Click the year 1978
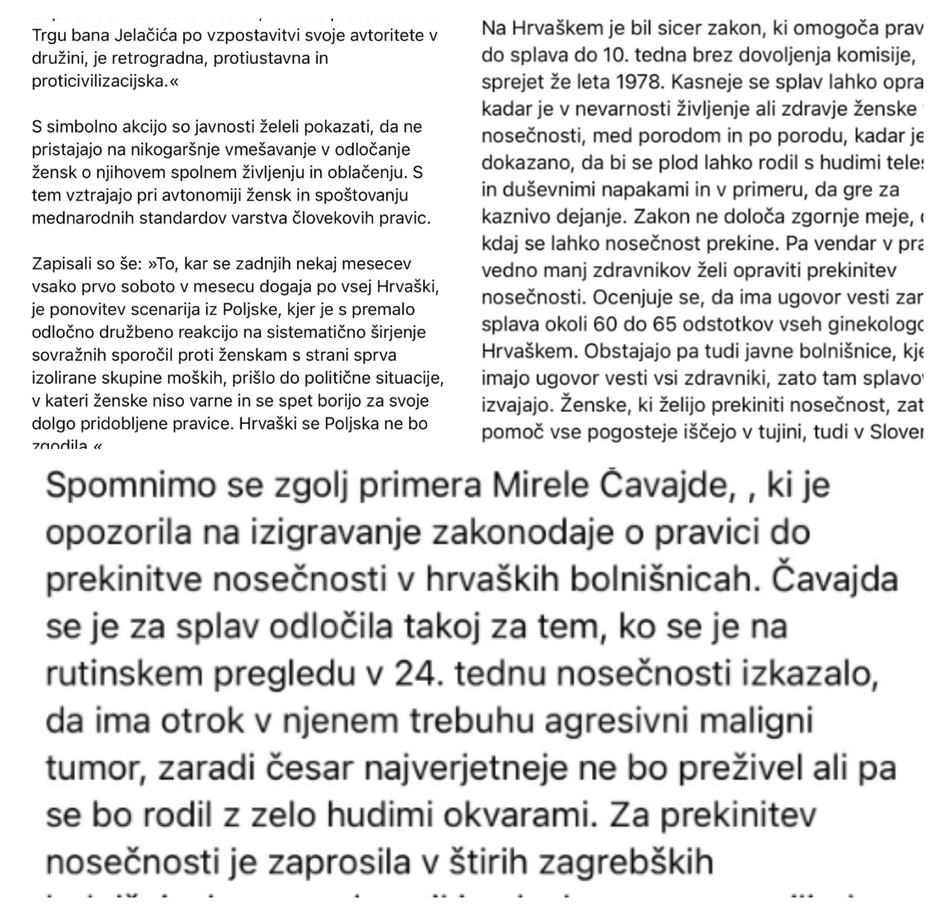coord(638,83)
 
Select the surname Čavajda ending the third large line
coord(835,580)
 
